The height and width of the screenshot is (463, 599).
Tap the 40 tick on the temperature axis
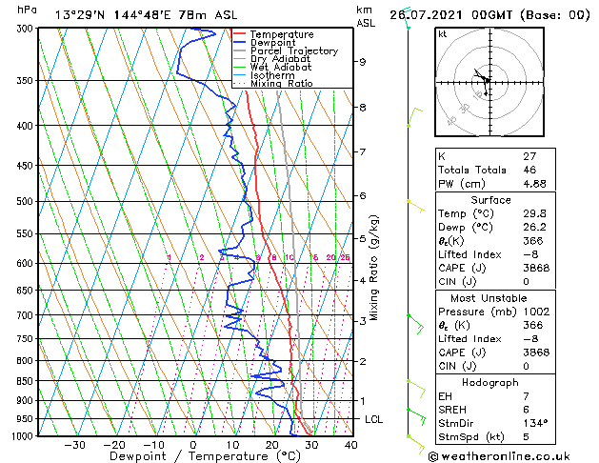[350, 445]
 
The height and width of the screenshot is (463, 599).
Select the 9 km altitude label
[363, 62]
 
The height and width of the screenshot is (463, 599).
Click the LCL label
[374, 419]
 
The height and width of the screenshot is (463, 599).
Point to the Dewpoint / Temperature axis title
[190, 456]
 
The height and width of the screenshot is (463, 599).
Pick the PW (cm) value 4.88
[509, 185]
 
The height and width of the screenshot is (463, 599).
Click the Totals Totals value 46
[504, 171]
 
